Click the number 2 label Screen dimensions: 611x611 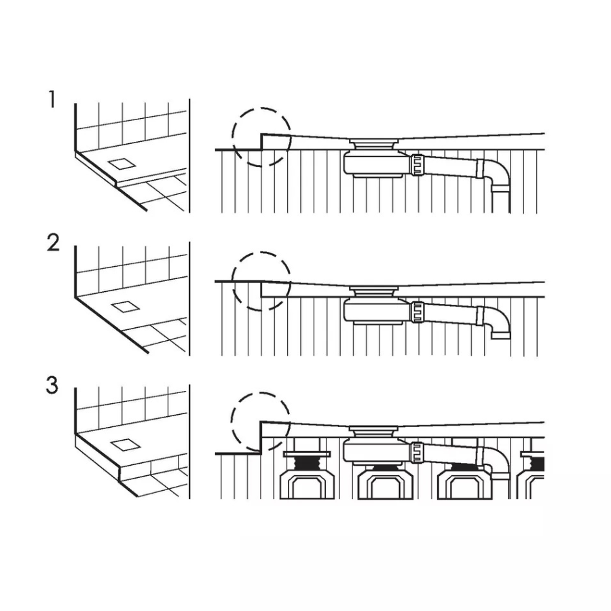tap(53, 242)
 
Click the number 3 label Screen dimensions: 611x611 tap(52, 385)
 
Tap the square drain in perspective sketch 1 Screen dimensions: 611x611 tap(122, 164)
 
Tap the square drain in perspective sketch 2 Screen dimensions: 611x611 tap(125, 307)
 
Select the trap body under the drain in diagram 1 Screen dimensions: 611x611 tap(377, 164)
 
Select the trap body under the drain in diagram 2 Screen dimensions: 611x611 tap(377, 311)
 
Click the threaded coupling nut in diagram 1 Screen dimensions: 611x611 tap(417, 164)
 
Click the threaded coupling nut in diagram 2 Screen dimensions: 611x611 tap(417, 312)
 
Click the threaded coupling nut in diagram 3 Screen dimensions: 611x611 tap(417, 452)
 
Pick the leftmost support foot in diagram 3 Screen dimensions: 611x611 tap(307, 475)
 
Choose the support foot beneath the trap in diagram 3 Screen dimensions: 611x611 tap(385, 481)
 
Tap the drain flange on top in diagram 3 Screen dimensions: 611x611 tap(374, 431)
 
